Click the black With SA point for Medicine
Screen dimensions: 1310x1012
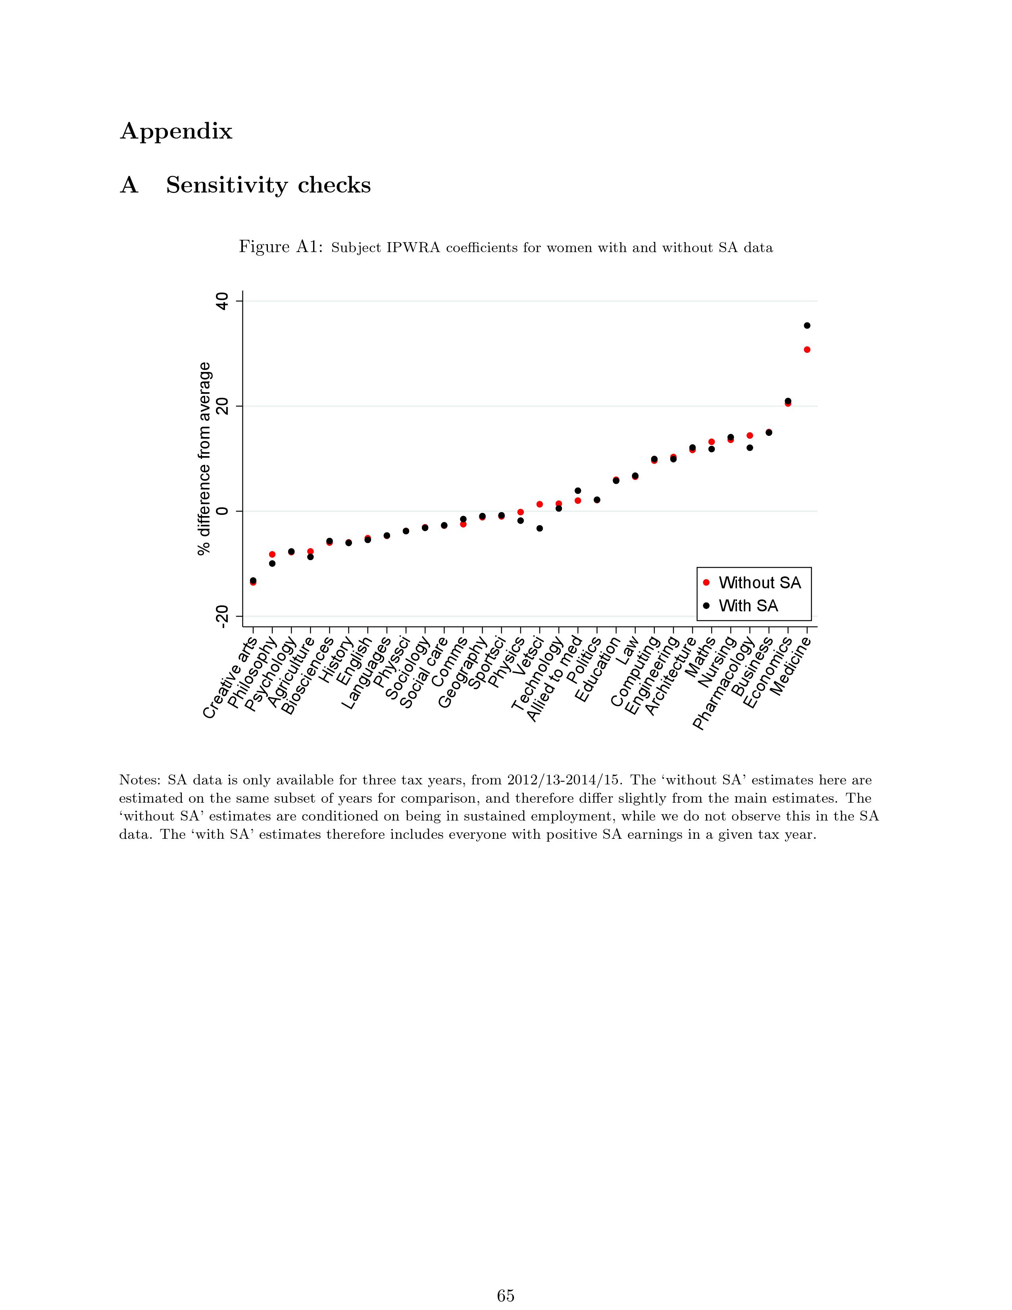[807, 326]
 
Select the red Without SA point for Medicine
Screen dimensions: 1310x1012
[807, 350]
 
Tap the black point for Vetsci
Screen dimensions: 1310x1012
[540, 528]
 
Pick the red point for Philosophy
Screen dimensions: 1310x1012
[272, 554]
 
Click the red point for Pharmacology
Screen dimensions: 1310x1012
[749, 435]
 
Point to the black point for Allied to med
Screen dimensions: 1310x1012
[578, 491]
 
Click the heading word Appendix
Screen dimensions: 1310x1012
[176, 131]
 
